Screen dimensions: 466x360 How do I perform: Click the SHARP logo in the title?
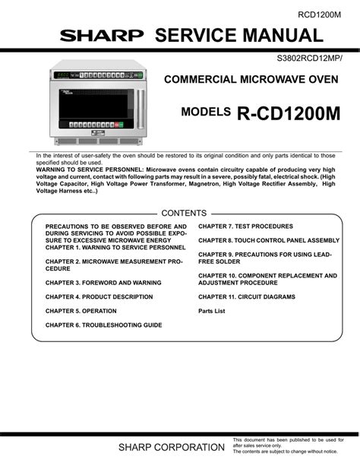click(102, 36)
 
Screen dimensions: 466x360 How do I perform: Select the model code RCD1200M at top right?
click(319, 13)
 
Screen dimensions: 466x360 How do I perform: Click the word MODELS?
click(206, 112)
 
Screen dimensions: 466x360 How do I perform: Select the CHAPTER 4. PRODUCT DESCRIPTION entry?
click(99, 296)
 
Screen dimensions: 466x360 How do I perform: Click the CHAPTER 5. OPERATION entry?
click(81, 311)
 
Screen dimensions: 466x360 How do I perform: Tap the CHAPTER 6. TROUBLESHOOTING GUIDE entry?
click(103, 325)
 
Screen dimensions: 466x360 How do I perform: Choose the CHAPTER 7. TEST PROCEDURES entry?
click(245, 227)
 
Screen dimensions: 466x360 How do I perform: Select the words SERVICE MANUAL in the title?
click(238, 35)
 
